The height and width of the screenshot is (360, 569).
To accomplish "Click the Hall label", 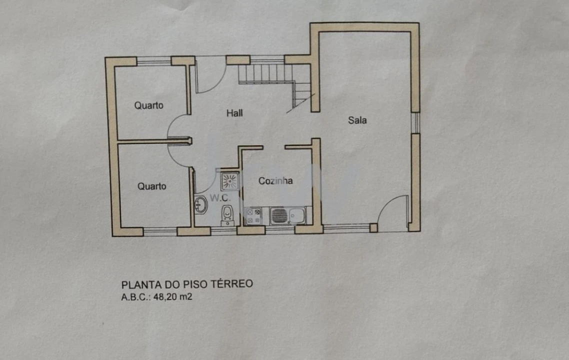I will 234,113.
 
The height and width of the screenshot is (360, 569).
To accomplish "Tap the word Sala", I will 357,120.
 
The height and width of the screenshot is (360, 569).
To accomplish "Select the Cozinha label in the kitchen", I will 275,181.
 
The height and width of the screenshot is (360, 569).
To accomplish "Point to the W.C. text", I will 219,198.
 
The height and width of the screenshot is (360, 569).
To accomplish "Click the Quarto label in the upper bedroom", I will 148,105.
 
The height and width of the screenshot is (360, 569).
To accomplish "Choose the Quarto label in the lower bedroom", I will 151,186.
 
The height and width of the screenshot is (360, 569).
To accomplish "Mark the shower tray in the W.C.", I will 230,181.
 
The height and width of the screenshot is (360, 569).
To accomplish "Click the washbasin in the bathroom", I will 200,204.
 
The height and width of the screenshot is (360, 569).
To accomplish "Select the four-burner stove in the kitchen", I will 253,216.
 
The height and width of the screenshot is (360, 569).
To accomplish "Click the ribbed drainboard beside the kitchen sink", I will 279,216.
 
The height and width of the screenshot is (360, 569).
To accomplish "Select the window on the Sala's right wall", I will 414,122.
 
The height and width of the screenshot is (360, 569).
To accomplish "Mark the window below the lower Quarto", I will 160,231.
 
